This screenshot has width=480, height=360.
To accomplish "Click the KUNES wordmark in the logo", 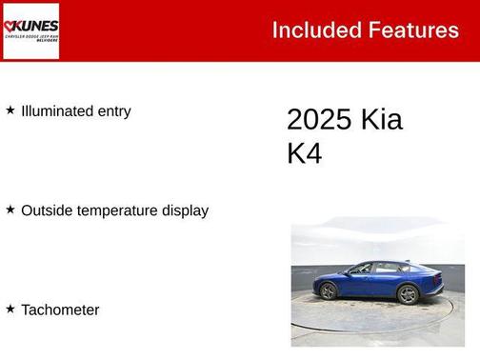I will (x=35, y=26).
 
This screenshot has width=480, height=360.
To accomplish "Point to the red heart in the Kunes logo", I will (x=10, y=26).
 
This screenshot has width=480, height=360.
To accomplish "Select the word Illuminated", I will (x=57, y=111).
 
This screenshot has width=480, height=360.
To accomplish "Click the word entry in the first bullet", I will (x=114, y=111).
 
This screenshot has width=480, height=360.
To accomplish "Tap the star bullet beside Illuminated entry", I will (x=10, y=110).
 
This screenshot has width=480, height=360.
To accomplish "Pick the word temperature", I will (x=118, y=210).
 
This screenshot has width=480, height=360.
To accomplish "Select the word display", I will (x=186, y=210).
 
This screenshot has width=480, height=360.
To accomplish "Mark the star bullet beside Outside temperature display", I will (x=10, y=210).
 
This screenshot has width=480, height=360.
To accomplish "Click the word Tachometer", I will (x=60, y=310).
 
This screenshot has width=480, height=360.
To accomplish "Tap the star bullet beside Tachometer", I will (x=10, y=309).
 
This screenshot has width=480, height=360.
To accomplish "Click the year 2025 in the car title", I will (x=318, y=120).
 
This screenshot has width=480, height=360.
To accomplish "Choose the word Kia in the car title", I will (x=381, y=120).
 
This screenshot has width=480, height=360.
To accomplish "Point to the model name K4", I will (x=305, y=154).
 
